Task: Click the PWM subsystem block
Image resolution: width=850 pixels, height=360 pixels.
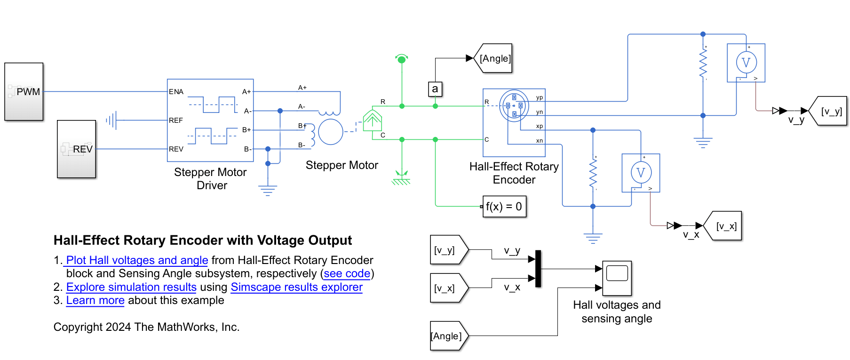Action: click(24, 92)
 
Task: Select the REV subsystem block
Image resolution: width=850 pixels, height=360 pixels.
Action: click(76, 149)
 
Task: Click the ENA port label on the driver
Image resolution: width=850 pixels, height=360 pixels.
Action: click(176, 92)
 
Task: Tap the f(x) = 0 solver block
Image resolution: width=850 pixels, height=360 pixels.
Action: click(504, 207)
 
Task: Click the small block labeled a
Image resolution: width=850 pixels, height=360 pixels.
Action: click(435, 89)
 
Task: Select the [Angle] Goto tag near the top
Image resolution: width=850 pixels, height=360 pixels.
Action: click(494, 58)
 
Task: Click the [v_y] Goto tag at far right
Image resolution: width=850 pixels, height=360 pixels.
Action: click(831, 112)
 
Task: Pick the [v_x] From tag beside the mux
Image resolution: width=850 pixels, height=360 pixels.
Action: click(447, 288)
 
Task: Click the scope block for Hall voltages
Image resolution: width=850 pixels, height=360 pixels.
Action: click(617, 278)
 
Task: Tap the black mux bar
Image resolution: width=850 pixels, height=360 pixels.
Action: click(538, 269)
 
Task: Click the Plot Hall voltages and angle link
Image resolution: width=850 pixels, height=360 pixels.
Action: click(137, 260)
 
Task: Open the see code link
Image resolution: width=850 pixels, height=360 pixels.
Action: click(347, 273)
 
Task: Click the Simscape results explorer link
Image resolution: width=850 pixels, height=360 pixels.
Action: click(296, 287)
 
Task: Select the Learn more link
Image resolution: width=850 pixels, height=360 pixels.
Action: click(95, 300)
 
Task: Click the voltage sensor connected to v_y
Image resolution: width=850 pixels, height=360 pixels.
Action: click(746, 63)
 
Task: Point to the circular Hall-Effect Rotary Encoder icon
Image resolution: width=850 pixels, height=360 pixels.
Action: click(514, 105)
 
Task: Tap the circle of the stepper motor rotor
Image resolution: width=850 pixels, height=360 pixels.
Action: click(331, 132)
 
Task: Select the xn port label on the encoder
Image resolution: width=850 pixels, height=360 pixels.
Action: click(539, 141)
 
